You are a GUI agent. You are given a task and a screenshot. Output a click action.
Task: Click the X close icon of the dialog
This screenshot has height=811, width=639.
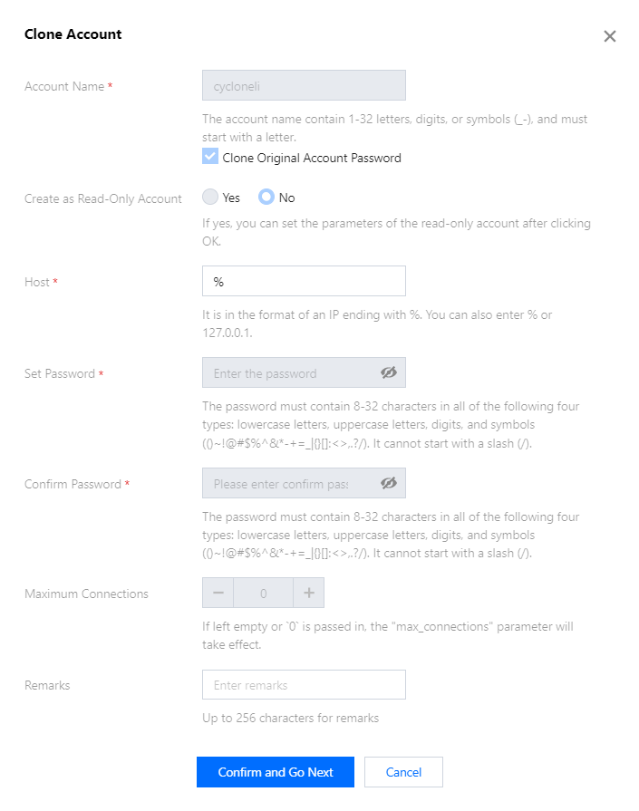(610, 36)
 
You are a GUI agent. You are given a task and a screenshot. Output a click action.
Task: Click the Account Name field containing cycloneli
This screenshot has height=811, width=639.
(304, 85)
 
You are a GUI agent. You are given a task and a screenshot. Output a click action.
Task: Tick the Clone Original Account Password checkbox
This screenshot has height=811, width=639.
(210, 157)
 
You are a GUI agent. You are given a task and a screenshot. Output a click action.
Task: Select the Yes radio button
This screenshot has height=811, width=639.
(210, 197)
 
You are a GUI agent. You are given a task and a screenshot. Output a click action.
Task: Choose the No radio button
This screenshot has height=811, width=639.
(266, 197)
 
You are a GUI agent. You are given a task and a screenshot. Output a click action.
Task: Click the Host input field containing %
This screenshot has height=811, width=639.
(304, 281)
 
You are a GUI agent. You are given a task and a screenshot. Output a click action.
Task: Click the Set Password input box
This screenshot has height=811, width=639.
(290, 372)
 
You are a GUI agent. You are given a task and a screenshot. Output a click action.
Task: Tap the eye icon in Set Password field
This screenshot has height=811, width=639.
(389, 372)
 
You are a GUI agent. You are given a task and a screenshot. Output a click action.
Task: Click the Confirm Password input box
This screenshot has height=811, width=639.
(290, 483)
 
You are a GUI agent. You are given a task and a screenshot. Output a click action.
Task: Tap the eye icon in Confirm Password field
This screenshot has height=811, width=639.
(389, 483)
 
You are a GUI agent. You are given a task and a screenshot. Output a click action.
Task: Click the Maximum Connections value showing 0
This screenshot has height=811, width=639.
(263, 594)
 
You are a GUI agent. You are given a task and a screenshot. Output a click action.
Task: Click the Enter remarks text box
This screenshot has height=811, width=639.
(304, 685)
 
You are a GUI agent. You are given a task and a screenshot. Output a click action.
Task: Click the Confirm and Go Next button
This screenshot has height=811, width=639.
(276, 772)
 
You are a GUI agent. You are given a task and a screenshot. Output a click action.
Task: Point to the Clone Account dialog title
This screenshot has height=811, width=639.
(73, 34)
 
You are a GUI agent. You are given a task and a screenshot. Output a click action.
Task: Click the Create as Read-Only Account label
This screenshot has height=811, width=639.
(103, 198)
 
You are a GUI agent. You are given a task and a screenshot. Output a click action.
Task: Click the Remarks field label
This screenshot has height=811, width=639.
(47, 685)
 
